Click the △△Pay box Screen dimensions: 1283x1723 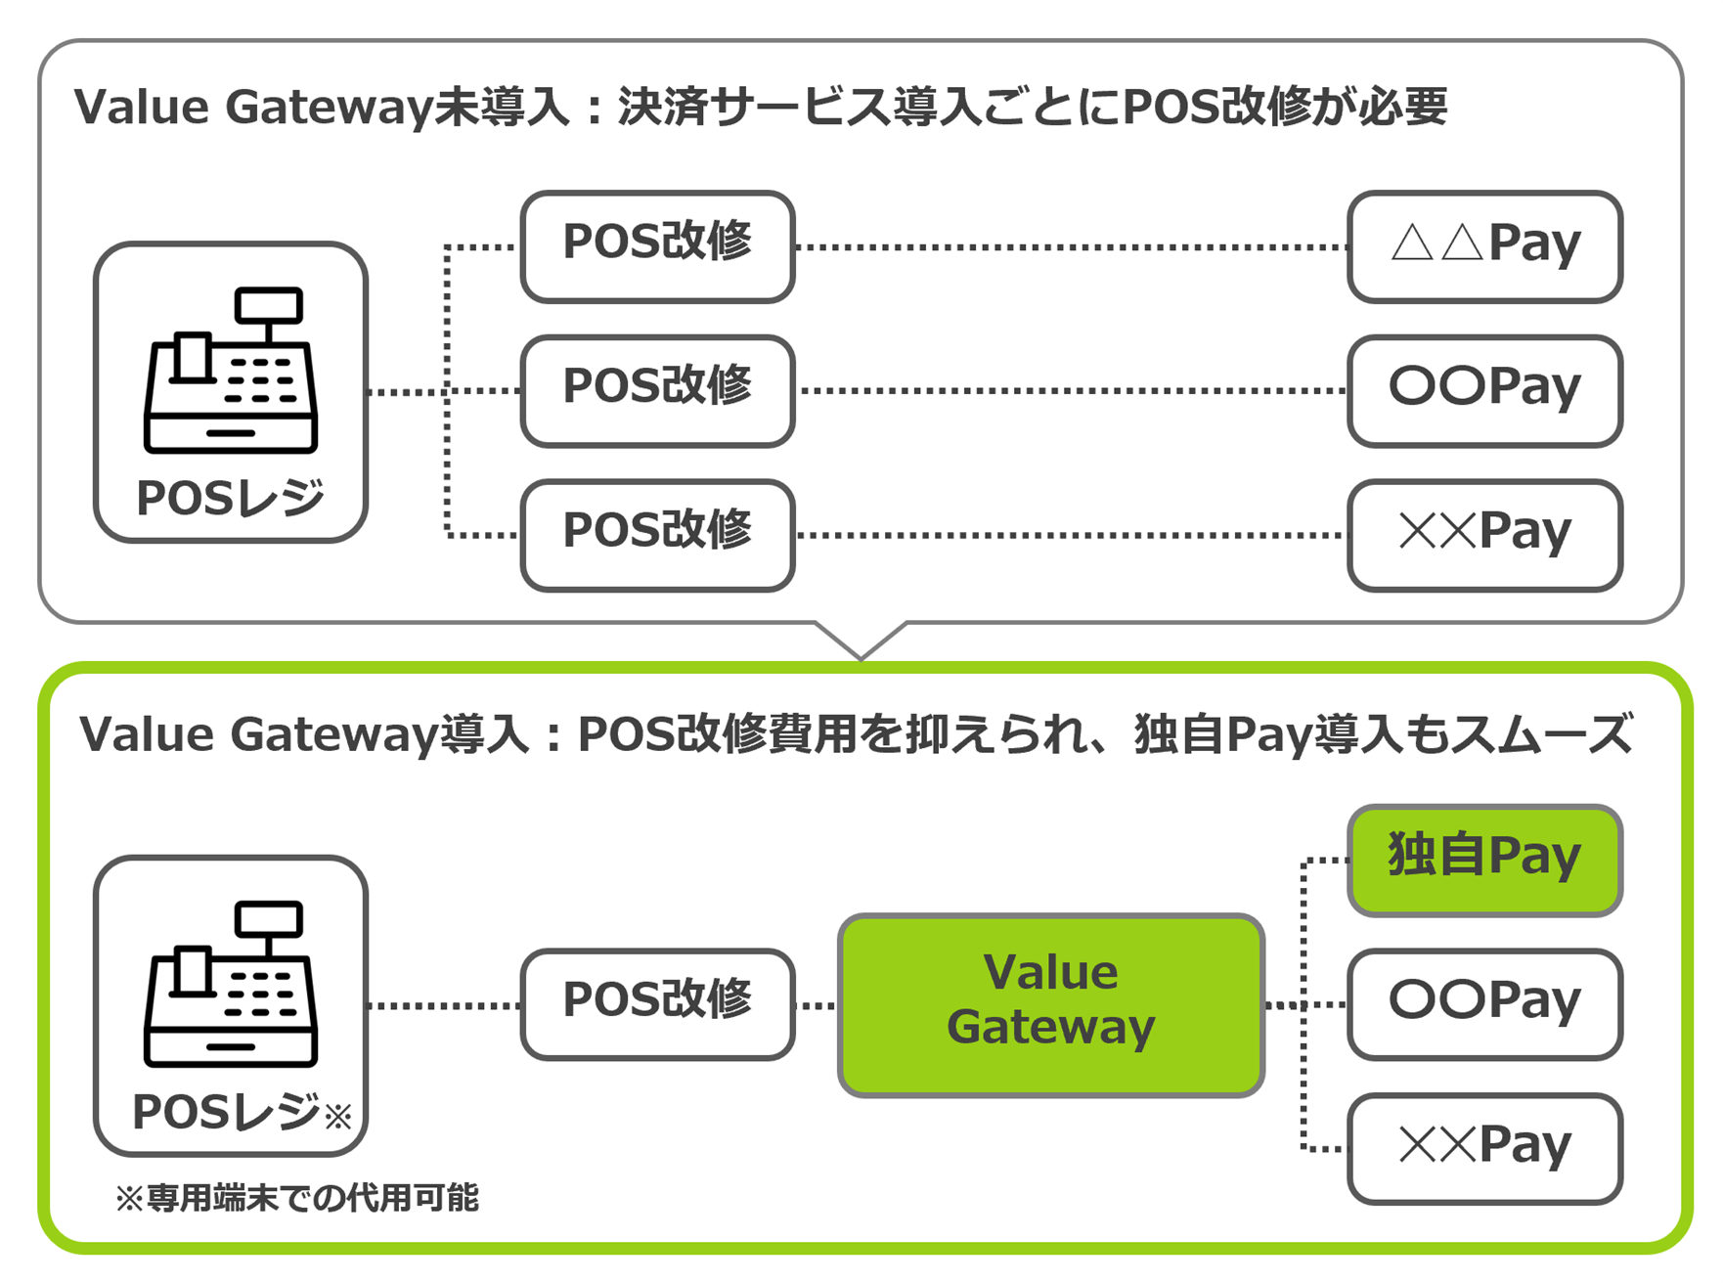pos(1484,246)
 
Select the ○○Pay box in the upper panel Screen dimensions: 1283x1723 pos(1484,390)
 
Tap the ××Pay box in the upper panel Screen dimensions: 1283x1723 pos(1484,535)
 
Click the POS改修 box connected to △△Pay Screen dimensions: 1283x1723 pos(657,246)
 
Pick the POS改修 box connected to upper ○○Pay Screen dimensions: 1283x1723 pos(657,390)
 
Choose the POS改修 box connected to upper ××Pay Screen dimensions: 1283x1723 pos(657,535)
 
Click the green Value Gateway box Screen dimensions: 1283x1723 pos(1051,1004)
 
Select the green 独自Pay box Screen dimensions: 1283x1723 pos(1484,860)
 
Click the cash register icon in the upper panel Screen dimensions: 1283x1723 pos(231,371)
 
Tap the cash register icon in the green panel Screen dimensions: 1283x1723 pos(231,984)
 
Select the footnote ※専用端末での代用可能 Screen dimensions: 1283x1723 pos(297,1199)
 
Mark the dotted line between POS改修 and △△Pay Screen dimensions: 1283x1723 pos(1071,247)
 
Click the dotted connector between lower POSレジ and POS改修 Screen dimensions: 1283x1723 pos(444,1005)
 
